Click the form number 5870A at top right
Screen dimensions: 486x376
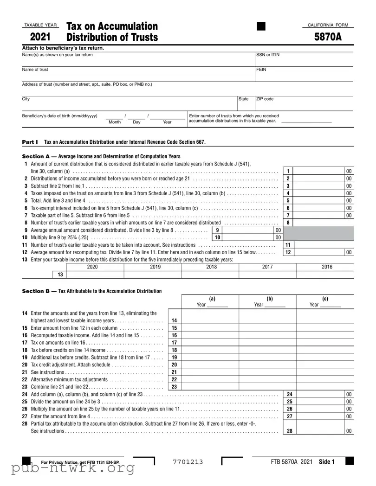click(328, 37)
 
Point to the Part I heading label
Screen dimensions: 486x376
click(30, 142)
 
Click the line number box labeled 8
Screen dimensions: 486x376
click(288, 223)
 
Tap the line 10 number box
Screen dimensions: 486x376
click(217, 237)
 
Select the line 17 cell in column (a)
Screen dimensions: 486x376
click(210, 343)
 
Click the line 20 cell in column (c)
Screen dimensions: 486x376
click(325, 364)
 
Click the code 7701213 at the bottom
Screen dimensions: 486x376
click(188, 462)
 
